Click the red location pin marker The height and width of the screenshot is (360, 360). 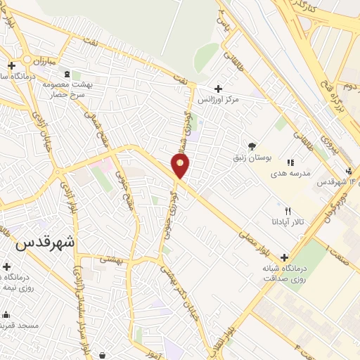click(180, 165)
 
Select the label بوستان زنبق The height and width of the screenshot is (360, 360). click(254, 157)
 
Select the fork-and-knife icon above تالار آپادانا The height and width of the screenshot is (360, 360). click(287, 211)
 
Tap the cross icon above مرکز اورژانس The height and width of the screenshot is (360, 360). click(219, 89)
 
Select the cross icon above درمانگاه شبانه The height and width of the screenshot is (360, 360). click(284, 257)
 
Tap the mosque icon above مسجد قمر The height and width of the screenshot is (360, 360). click(6, 314)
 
